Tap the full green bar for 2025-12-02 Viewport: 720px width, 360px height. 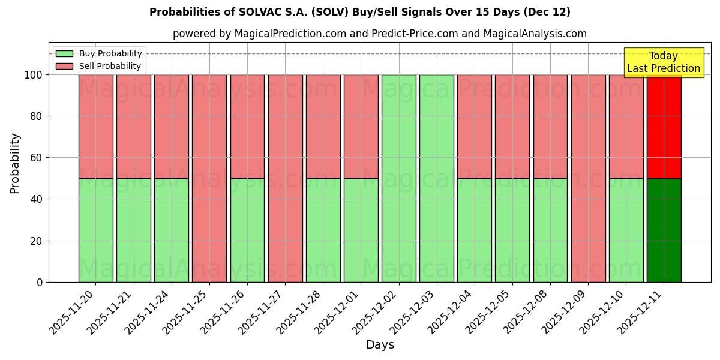[x=398, y=178]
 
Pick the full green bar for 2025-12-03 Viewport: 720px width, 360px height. [x=436, y=178]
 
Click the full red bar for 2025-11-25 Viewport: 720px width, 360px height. [x=209, y=178]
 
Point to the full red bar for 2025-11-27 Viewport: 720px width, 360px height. [x=285, y=178]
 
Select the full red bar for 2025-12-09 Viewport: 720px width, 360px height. [x=588, y=178]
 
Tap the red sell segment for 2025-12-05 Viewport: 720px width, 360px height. [x=512, y=126]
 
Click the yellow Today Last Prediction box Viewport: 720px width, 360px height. [x=663, y=62]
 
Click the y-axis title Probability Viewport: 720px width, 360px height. [x=15, y=163]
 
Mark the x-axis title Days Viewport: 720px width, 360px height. [x=380, y=345]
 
